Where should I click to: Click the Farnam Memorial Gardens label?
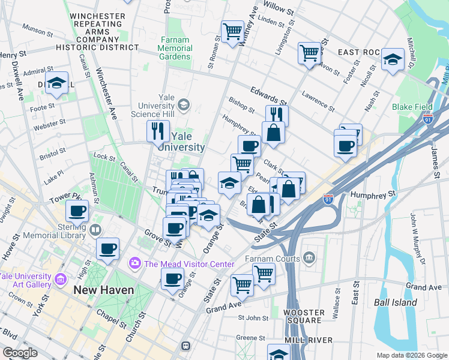[175, 49]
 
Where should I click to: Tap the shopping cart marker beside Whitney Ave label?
[232, 31]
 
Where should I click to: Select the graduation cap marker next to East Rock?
[393, 59]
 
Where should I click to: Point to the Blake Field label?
[412, 107]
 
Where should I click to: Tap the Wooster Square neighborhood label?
[304, 316]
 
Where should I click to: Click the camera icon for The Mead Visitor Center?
[134, 263]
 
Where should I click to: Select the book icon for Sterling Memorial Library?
[95, 230]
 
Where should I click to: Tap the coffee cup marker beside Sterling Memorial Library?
[77, 211]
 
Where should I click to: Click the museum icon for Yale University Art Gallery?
[60, 280]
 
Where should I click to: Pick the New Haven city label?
[103, 290]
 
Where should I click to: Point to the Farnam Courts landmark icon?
[309, 259]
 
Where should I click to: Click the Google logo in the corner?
[20, 353]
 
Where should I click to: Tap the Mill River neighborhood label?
[309, 340]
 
